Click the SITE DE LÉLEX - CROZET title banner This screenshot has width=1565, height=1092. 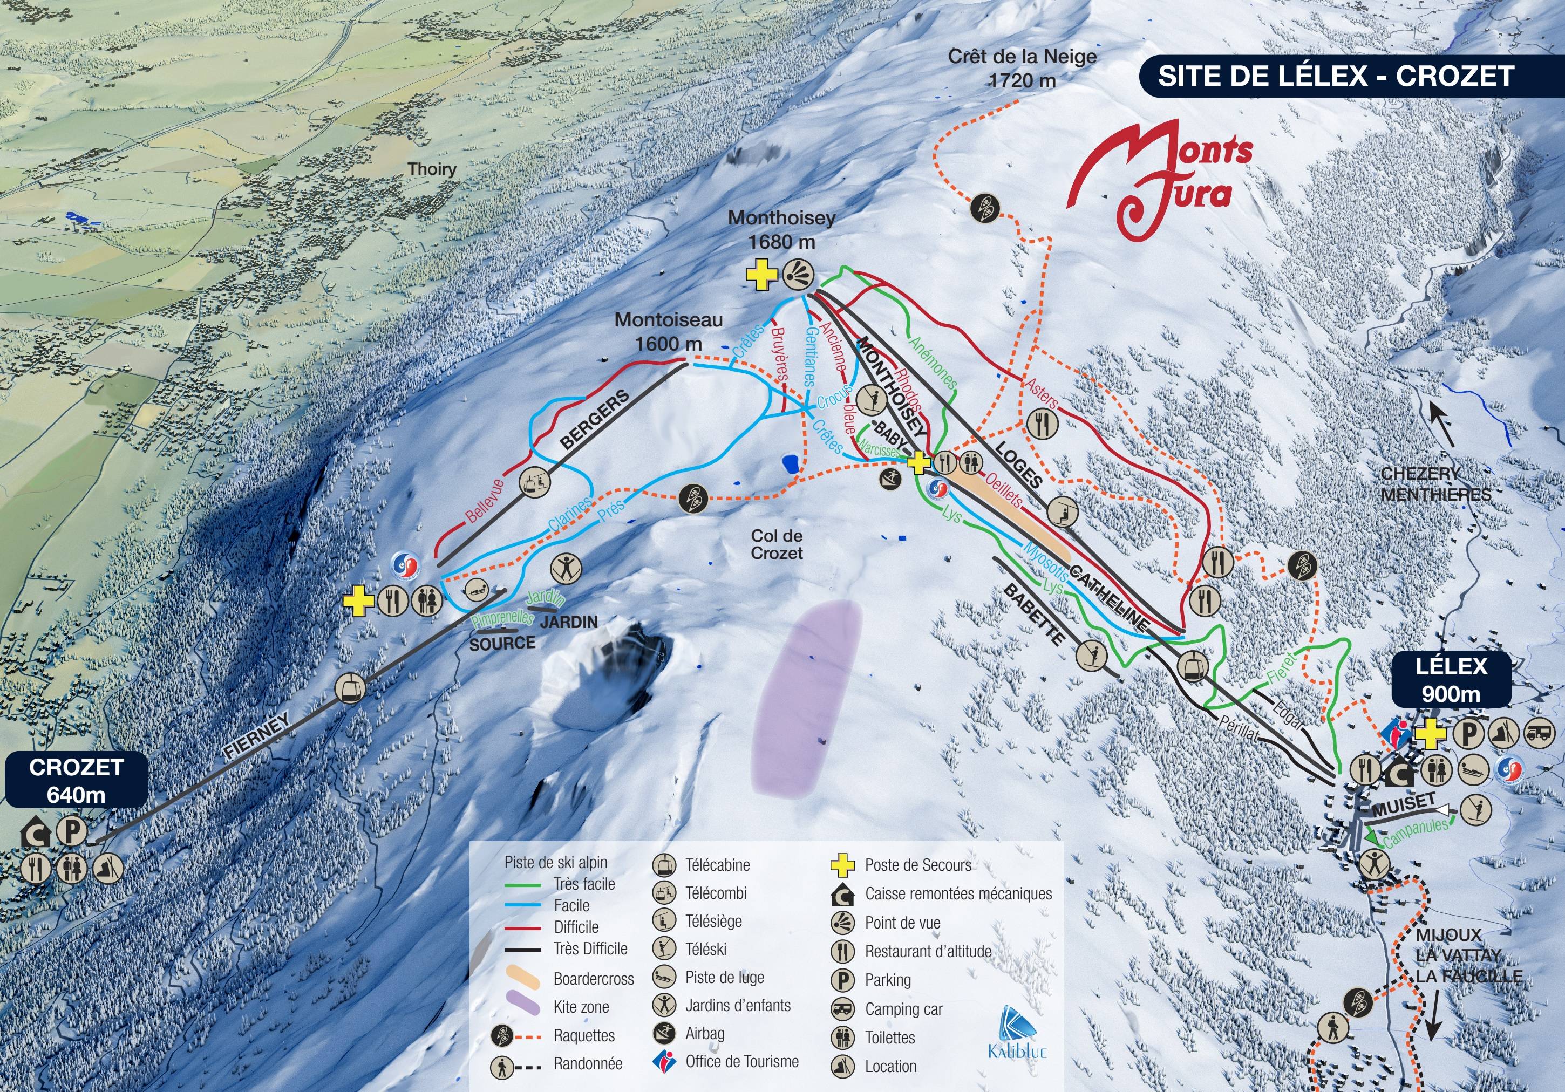click(x=1336, y=76)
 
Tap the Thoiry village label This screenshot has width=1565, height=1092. click(x=432, y=169)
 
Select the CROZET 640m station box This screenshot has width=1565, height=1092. click(x=76, y=781)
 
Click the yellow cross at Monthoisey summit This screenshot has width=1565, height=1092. click(x=761, y=275)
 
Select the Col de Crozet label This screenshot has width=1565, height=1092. click(x=777, y=544)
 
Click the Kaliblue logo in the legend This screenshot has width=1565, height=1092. click(x=1017, y=1033)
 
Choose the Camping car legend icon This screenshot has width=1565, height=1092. click(x=843, y=1009)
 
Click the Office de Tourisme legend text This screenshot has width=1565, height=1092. click(x=741, y=1061)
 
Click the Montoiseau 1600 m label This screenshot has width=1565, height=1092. click(x=668, y=331)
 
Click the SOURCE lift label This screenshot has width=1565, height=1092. click(x=502, y=643)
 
